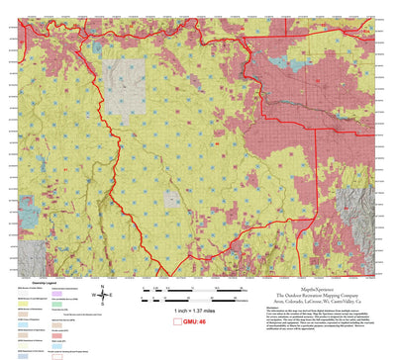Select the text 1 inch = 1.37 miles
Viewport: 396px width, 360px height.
click(x=194, y=311)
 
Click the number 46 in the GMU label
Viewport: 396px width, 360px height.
click(x=202, y=321)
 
